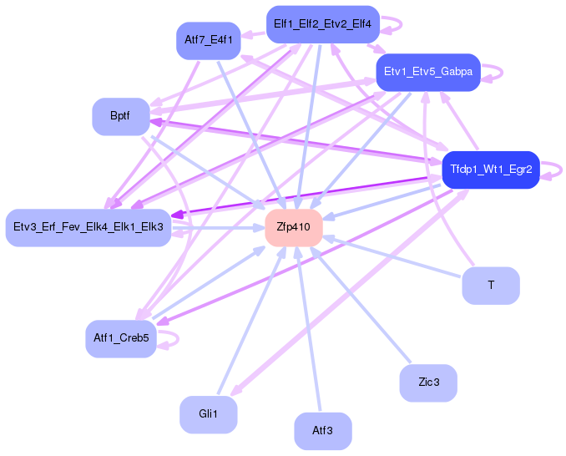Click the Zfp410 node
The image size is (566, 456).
[294, 227]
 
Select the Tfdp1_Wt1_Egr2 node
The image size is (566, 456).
[490, 170]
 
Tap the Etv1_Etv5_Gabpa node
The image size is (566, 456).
[427, 72]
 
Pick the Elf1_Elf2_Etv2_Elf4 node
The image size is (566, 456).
[322, 23]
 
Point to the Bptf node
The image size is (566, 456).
[120, 116]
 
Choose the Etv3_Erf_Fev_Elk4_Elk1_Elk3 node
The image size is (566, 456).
[88, 227]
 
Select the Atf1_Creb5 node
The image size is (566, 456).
[121, 338]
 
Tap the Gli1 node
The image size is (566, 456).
[208, 414]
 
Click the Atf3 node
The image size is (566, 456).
[322, 431]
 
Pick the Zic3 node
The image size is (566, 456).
[428, 382]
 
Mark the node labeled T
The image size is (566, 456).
[491, 286]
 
